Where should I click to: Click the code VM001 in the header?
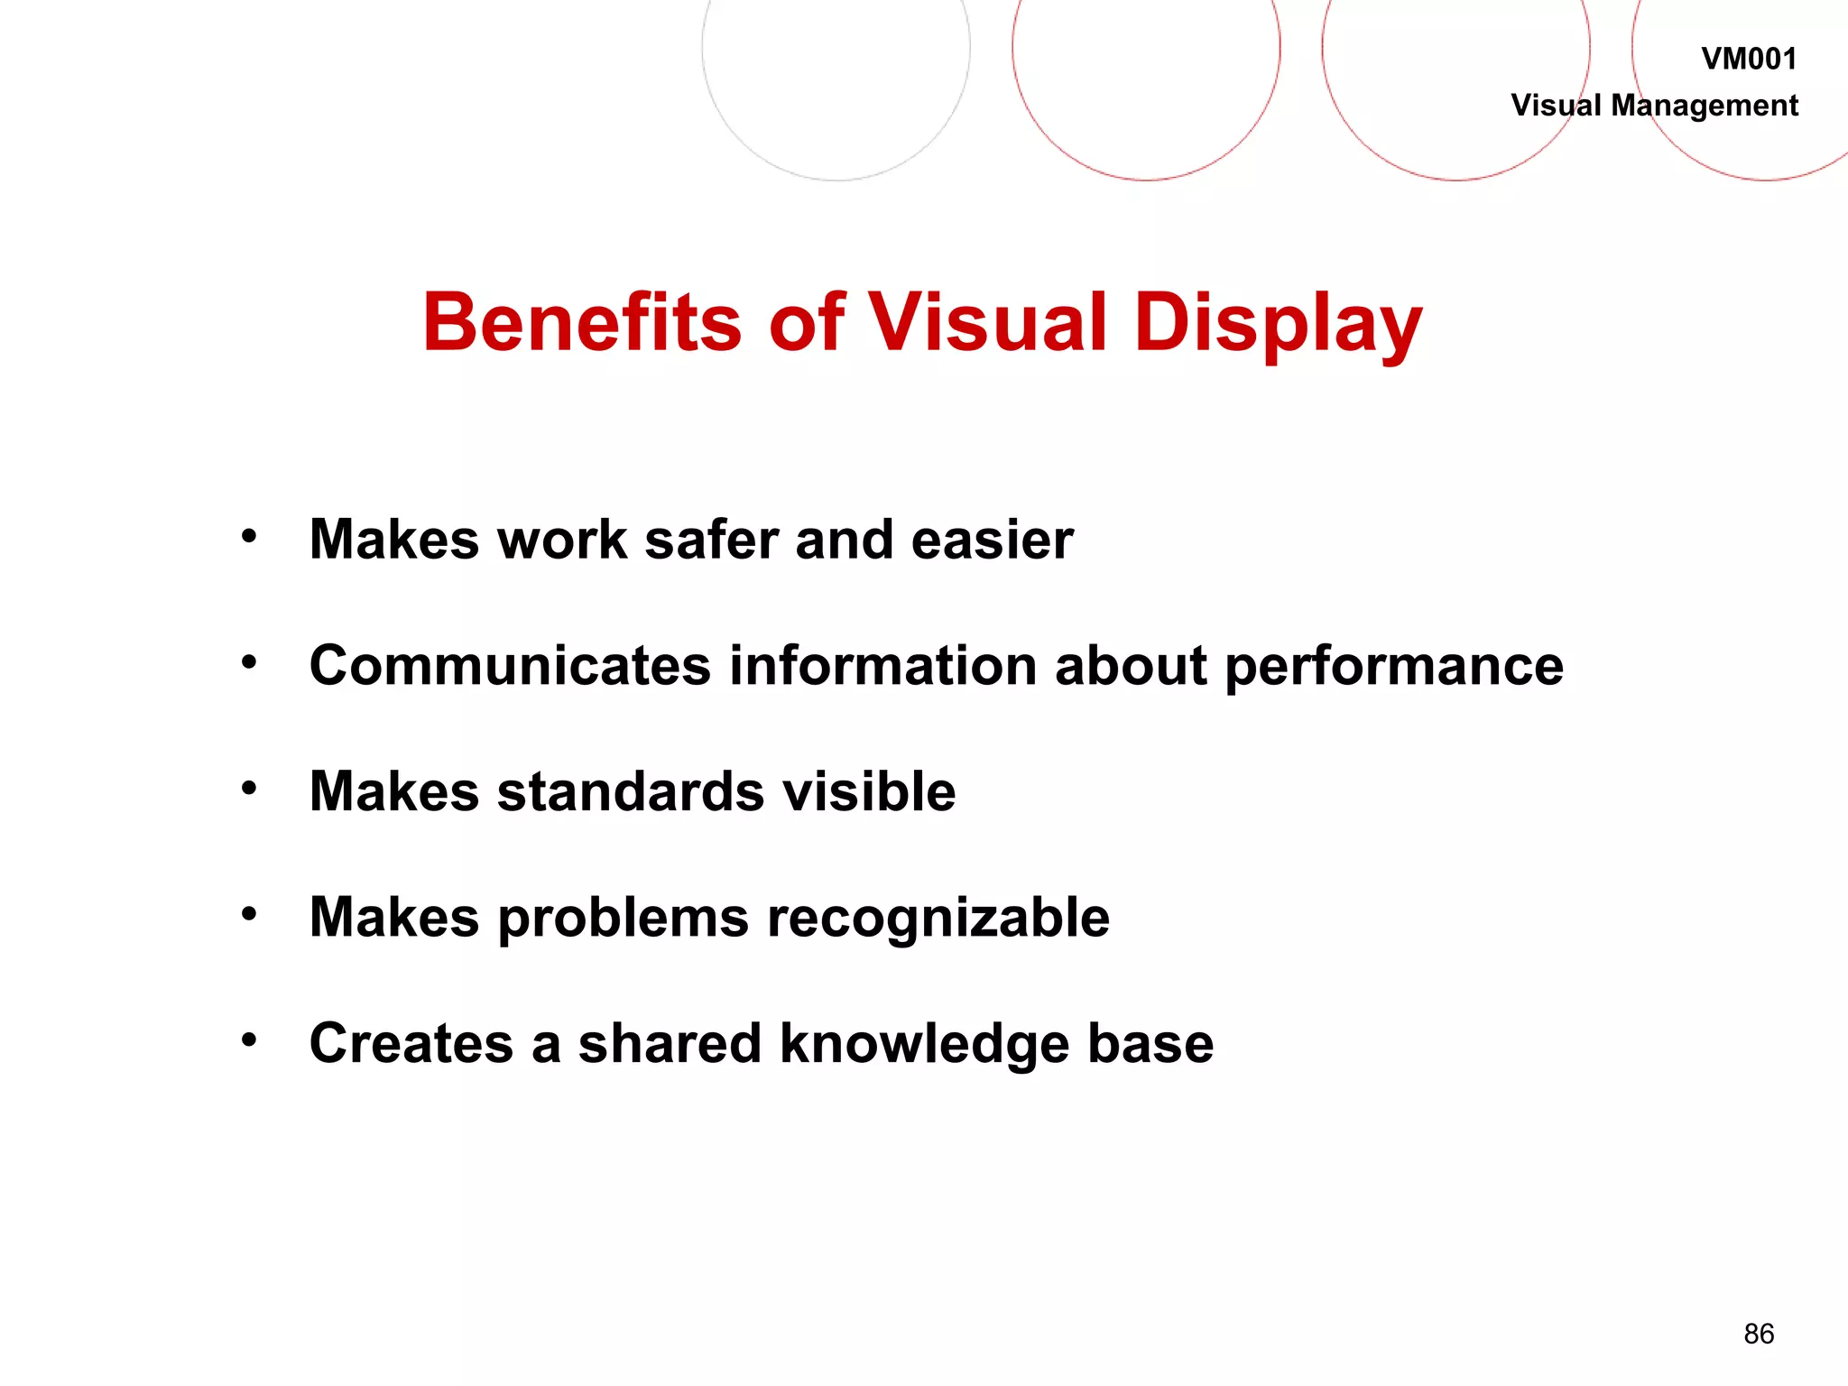coord(1749,60)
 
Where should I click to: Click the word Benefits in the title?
coord(582,322)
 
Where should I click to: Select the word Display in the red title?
coord(1278,324)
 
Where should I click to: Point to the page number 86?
coord(1759,1334)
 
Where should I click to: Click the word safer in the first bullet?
coord(711,540)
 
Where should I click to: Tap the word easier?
coord(992,540)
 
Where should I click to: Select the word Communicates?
coord(511,666)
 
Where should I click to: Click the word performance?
coord(1394,668)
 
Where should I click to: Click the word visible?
coord(868,791)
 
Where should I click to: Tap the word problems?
coord(623,919)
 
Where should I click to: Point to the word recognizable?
coord(938,919)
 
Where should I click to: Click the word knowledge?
coord(925,1045)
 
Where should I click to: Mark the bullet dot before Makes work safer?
coord(249,537)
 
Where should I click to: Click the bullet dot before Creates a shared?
coord(249,1040)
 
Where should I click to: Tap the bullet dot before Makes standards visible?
coord(249,789)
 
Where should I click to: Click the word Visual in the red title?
coord(987,322)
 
